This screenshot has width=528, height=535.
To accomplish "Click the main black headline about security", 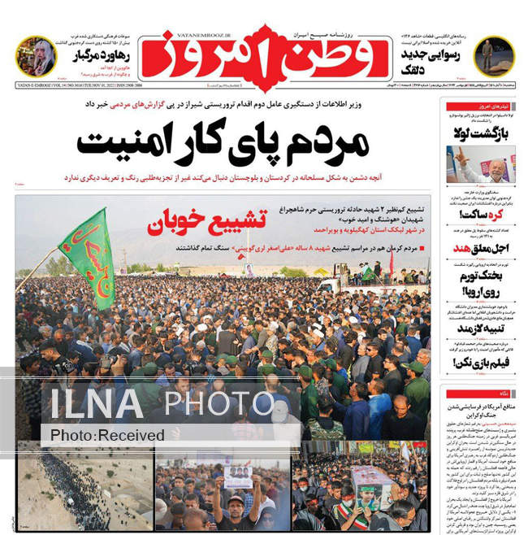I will tap(223, 145).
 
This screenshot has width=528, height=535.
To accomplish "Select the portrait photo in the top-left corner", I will tap(35, 56).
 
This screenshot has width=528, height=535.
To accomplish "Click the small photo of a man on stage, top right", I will tap(493, 56).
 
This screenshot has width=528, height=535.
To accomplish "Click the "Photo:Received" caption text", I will tap(106, 436).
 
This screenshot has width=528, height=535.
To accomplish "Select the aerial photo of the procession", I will tap(84, 491).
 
